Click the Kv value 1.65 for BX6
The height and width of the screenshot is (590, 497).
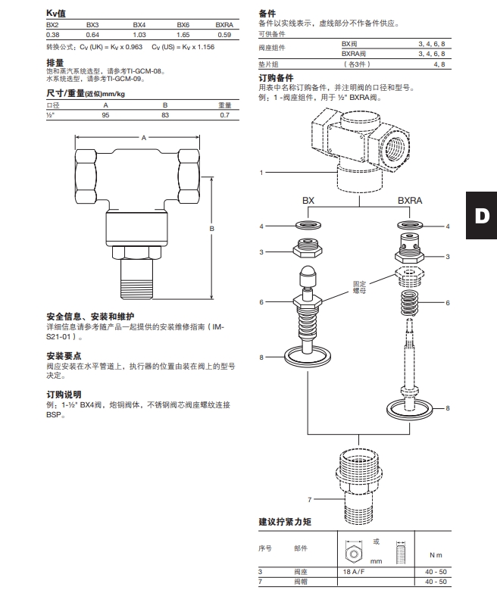click(183, 35)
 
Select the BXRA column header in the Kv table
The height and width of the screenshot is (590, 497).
click(223, 25)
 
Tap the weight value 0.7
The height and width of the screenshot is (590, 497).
click(224, 114)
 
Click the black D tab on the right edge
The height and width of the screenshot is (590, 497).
click(481, 214)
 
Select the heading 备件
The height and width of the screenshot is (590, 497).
click(267, 14)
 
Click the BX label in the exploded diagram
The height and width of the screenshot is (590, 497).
click(308, 201)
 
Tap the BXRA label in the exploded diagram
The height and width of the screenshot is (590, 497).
click(410, 201)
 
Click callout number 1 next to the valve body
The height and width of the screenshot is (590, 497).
click(261, 173)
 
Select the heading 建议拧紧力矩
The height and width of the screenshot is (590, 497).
click(285, 523)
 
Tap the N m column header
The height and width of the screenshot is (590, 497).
click(435, 555)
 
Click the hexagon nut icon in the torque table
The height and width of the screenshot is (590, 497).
click(352, 549)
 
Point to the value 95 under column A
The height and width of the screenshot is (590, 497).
click(106, 114)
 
